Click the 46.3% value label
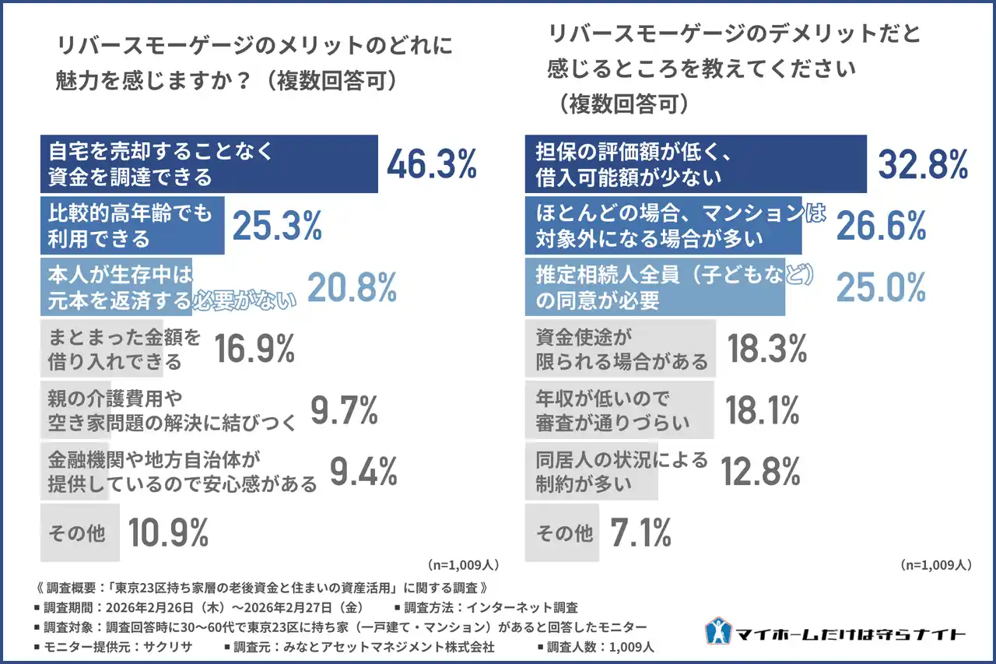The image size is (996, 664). coord(431,164)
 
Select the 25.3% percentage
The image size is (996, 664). coord(277,226)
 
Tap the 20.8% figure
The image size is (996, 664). coord(352,287)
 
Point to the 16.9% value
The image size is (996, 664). coord(254,349)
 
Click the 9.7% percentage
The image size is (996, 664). coord(344,410)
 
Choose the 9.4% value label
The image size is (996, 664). coord(363,472)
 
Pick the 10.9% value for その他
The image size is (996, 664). coord(168,533)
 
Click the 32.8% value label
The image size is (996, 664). coord(923,164)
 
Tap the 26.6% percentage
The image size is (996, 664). coord(881,226)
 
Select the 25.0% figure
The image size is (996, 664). coord(881,287)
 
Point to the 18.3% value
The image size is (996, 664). coord(766,349)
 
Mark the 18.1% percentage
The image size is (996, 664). coord(763,410)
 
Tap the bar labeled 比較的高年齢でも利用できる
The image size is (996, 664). coord(132,226)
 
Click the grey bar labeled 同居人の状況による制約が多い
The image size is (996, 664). coord(591,472)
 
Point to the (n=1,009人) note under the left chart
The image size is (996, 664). coord(463,564)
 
